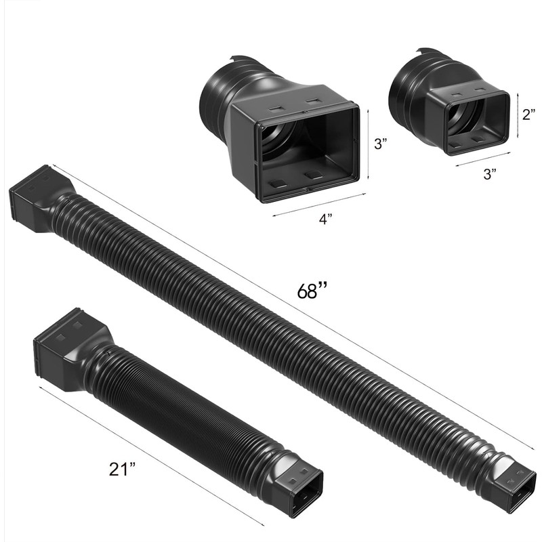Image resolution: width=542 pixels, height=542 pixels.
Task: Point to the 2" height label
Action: [528, 115]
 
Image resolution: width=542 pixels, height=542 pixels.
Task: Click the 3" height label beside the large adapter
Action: [381, 144]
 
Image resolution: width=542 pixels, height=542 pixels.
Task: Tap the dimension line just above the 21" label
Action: [149, 454]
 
